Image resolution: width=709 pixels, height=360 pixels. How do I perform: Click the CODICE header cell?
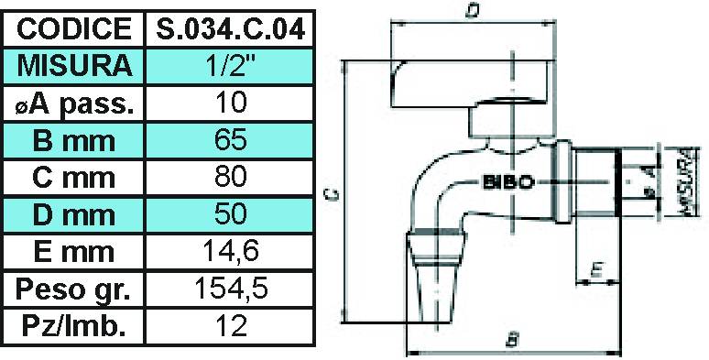tap(73, 27)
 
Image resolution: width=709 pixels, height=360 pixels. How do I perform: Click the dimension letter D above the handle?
tap(471, 12)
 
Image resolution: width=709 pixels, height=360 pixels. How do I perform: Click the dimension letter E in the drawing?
tap(596, 269)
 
